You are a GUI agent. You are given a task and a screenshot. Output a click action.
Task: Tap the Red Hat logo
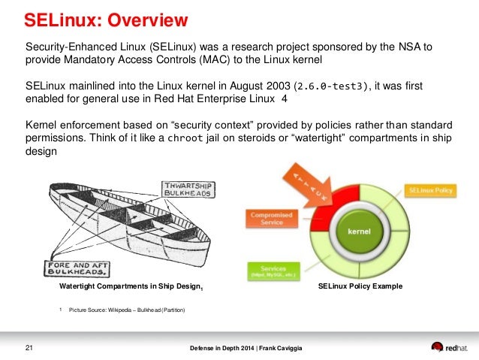click(x=451, y=346)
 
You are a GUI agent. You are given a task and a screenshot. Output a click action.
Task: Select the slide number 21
click(x=29, y=346)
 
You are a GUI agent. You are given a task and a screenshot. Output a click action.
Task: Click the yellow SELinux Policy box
click(x=431, y=192)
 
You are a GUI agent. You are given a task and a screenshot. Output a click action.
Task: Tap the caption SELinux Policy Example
click(x=360, y=286)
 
